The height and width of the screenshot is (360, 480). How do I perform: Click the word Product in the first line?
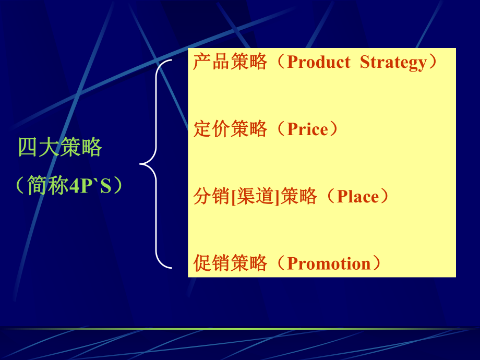coord(318,63)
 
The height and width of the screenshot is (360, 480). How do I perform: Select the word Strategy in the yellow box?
coord(393,63)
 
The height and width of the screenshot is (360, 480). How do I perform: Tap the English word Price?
coord(308,129)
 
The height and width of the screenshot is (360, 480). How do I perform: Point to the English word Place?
coord(357,197)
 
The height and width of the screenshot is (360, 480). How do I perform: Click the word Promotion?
coord(330,263)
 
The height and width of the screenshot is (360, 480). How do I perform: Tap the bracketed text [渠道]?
coord(255,197)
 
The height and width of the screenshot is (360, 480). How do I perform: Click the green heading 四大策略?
coord(60,148)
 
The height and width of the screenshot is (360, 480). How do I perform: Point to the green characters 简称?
coord(47,186)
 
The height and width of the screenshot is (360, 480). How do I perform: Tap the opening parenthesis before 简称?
coord(21,186)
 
